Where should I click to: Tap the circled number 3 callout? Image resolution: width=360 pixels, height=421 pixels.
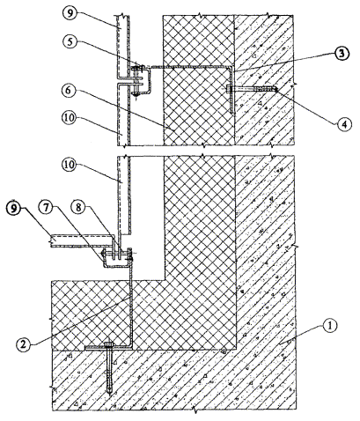(342, 54)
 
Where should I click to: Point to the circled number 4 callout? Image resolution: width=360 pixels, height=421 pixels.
(342, 124)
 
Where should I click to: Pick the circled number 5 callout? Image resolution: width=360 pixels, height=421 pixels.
(70, 41)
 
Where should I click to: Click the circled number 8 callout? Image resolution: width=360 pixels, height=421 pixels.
(77, 207)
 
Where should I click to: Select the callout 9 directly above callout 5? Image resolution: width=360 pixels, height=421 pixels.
(70, 15)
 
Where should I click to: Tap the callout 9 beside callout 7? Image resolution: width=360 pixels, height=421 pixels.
(15, 207)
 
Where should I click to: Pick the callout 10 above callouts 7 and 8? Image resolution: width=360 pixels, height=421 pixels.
(69, 166)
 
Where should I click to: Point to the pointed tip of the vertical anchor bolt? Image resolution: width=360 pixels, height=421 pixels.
(110, 395)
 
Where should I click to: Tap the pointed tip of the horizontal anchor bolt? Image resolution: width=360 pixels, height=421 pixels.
(276, 88)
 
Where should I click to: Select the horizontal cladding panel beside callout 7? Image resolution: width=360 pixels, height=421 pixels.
(83, 240)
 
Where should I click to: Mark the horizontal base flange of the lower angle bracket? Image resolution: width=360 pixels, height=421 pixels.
(108, 348)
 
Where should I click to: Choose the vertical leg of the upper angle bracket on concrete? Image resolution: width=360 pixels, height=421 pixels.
(231, 90)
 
